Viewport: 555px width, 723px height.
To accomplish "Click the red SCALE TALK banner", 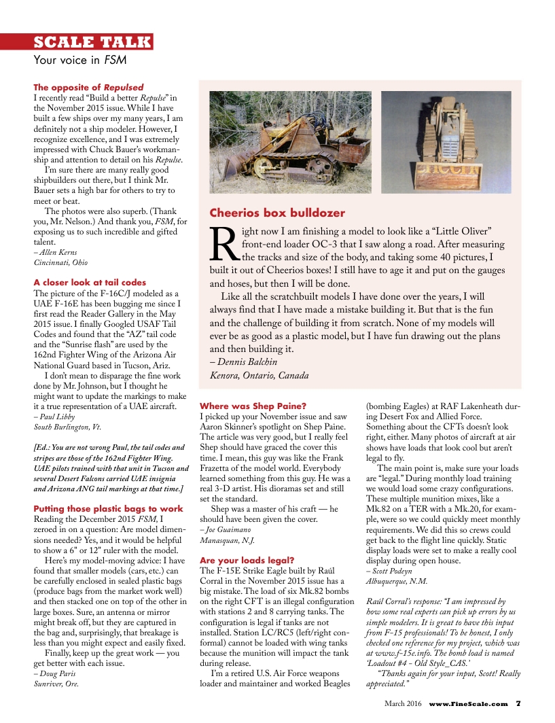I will coord(93,42).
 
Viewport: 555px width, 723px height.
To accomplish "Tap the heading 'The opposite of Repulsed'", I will coord(88,88).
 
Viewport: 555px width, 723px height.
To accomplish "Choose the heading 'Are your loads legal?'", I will coord(247,560).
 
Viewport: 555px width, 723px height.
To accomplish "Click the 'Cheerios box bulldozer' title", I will coord(277,213).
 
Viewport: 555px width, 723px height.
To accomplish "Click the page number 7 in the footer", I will coord(518,704).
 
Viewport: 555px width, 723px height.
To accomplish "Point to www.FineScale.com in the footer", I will coord(468,704).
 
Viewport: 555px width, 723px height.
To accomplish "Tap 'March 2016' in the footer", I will coord(403,704).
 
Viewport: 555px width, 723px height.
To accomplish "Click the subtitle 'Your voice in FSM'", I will coord(80,60).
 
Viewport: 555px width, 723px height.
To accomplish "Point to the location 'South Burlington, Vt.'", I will coord(67,427).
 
